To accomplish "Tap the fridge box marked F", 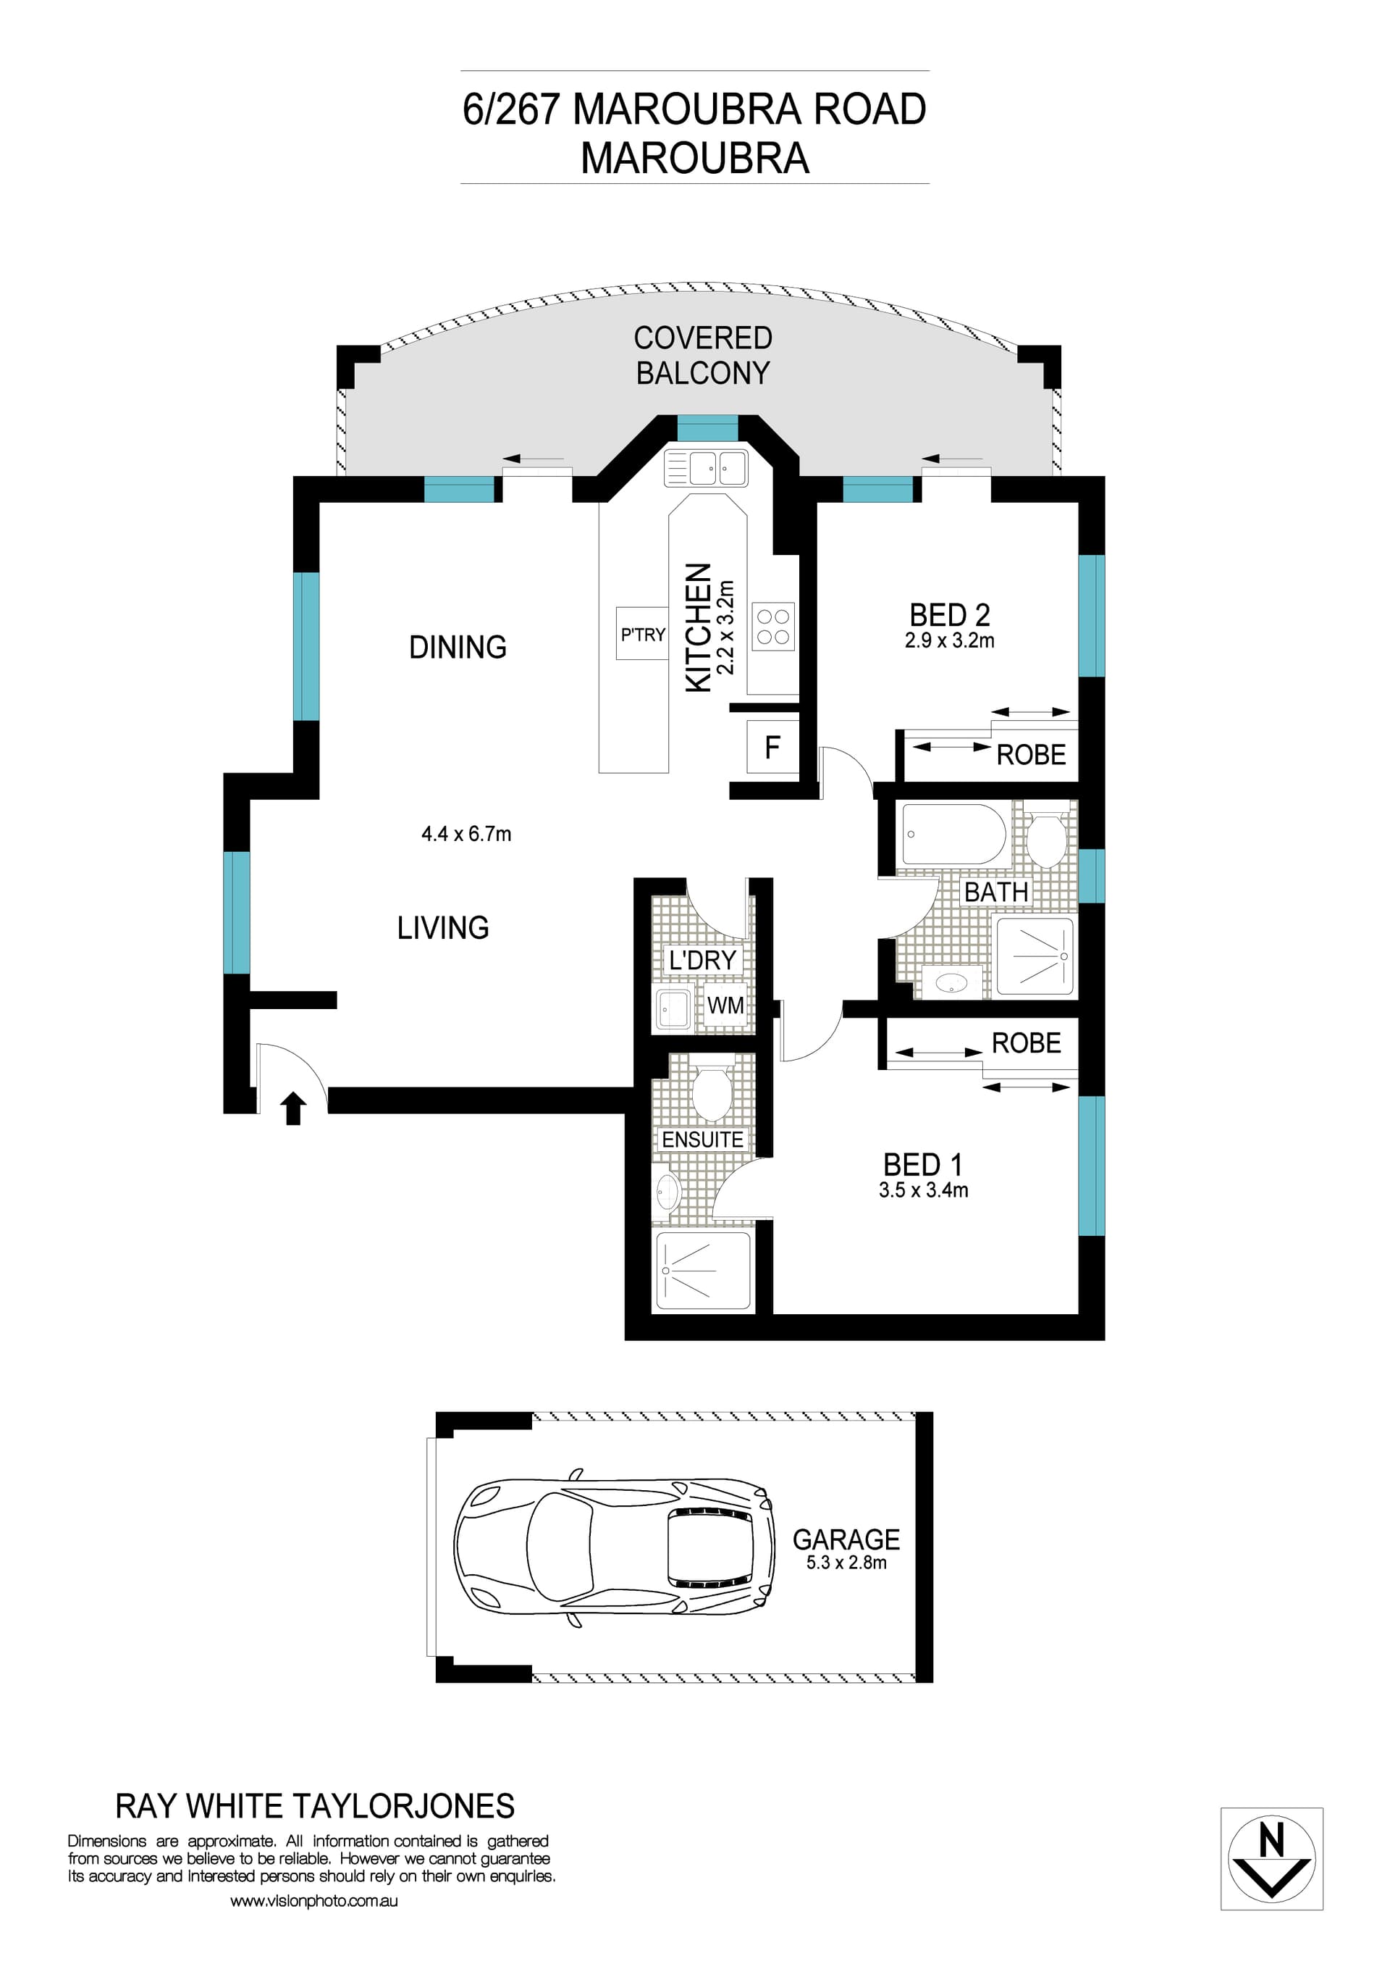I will pos(772,748).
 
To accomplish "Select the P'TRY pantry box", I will pos(642,635).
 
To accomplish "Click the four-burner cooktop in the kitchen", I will pos(772,627).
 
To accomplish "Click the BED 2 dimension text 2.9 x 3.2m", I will pos(949,640).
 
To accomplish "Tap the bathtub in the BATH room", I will pos(953,834).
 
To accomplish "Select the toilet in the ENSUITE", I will pos(711,1092).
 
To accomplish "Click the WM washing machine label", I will pos(725,1005).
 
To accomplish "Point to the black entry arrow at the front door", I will pos(292,1108).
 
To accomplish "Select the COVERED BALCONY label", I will pos(702,355).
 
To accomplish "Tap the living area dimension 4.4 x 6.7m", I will pos(466,834).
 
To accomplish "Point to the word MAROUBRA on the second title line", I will pos(694,159).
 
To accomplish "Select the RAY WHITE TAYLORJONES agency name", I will pos(315,1805).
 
